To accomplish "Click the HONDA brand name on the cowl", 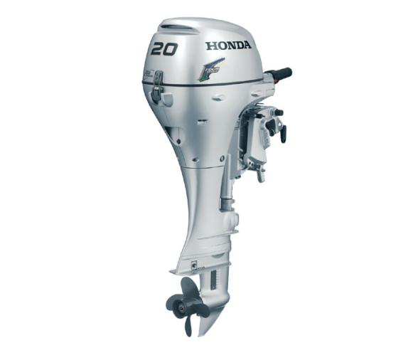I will click(228, 46).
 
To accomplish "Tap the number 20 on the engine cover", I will click(164, 49).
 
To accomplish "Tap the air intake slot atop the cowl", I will click(174, 28).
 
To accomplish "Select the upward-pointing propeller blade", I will click(188, 287).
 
